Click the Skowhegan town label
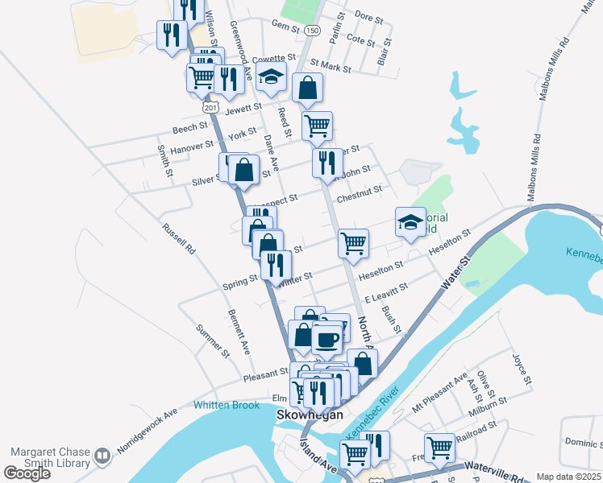click(310, 415)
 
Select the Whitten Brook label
click(226, 405)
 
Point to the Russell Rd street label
click(178, 239)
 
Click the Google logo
click(27, 473)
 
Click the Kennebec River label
click(373, 416)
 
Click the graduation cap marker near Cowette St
click(272, 80)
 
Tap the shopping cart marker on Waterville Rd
click(440, 447)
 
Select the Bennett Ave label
click(239, 332)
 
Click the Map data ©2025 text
click(569, 477)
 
